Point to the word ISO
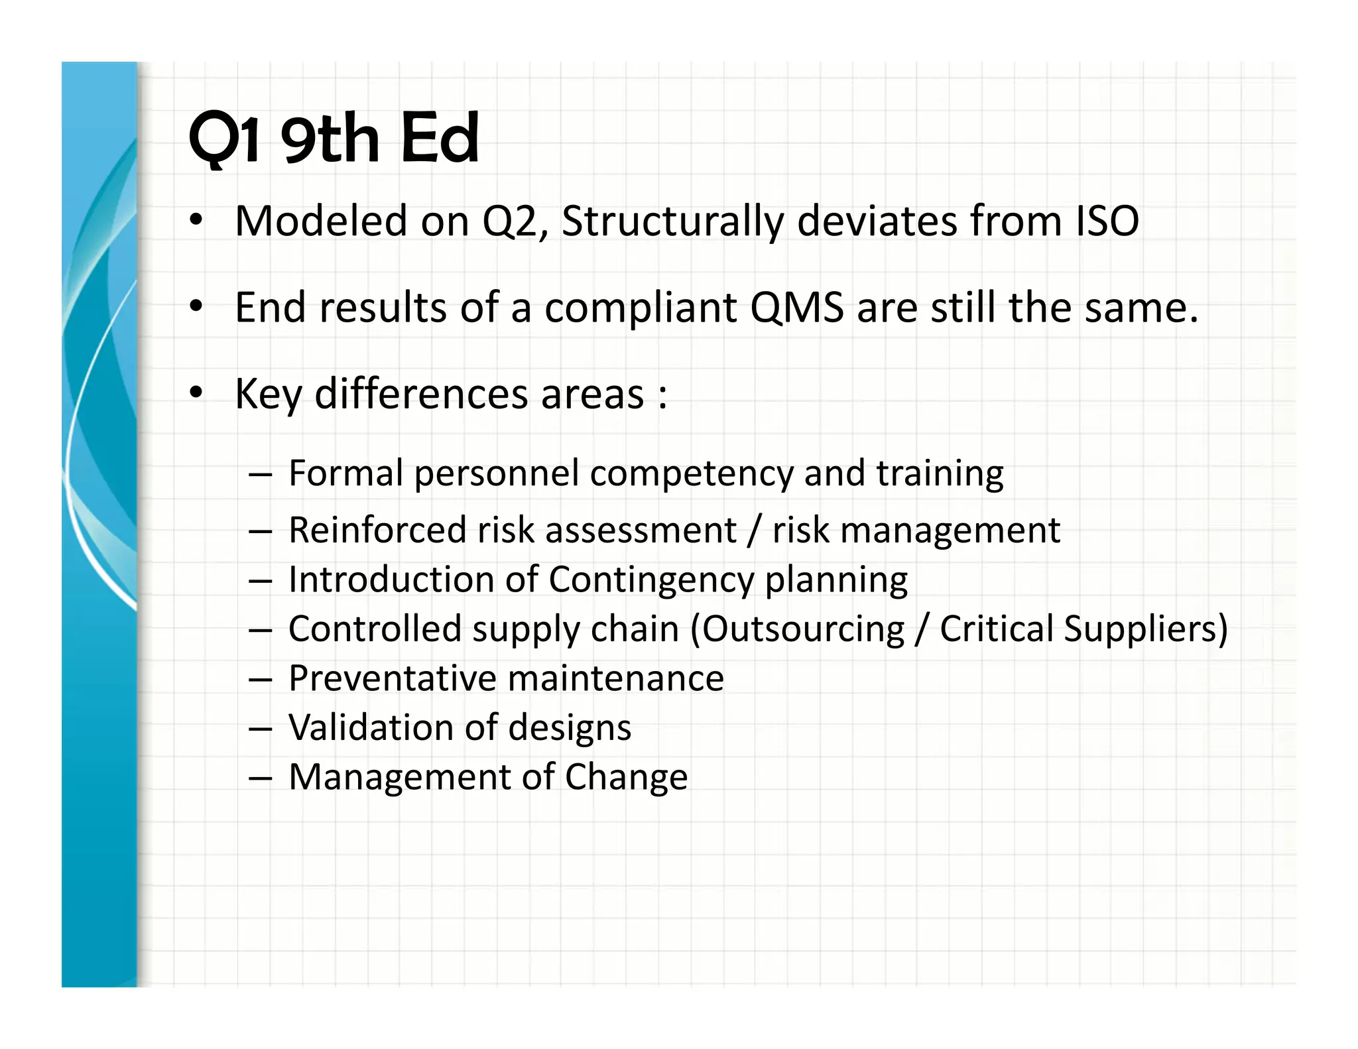(x=1107, y=221)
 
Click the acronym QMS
(x=796, y=308)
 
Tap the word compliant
(x=641, y=309)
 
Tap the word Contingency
(x=651, y=581)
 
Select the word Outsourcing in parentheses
(x=802, y=629)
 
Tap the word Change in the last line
(x=626, y=777)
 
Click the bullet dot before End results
(x=195, y=306)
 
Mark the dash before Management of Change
(x=261, y=778)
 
